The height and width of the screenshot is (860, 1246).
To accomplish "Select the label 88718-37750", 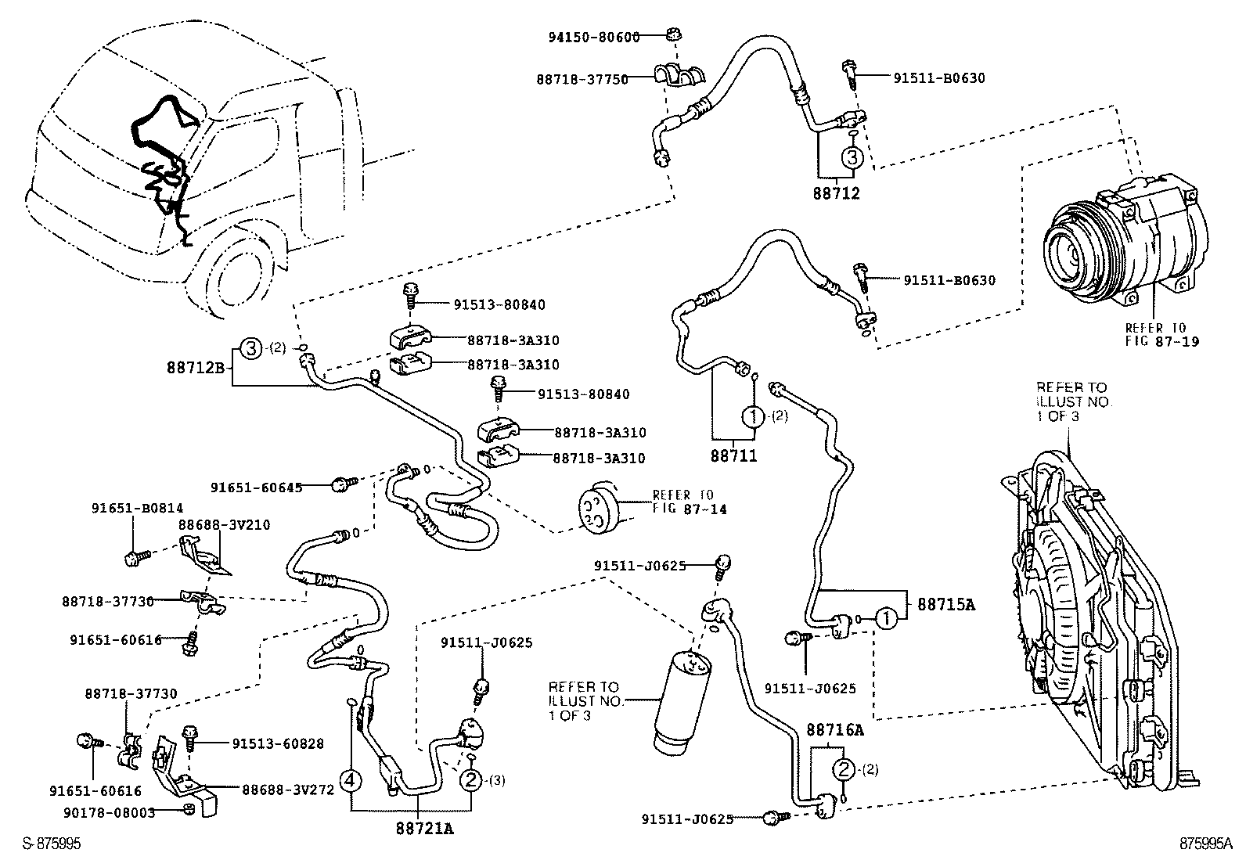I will (583, 79).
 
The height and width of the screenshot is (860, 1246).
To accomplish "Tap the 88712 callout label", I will (835, 193).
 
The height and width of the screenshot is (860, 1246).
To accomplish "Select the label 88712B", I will (196, 366).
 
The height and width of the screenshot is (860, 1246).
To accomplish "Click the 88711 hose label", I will (734, 455).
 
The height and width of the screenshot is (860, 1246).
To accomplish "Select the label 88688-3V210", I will (224, 524).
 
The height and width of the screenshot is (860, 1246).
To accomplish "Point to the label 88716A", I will (835, 730).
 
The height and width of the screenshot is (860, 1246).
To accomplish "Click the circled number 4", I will (351, 780).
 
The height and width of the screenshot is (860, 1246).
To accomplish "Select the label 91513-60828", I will (278, 743).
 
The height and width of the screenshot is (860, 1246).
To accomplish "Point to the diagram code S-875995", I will (52, 845).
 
